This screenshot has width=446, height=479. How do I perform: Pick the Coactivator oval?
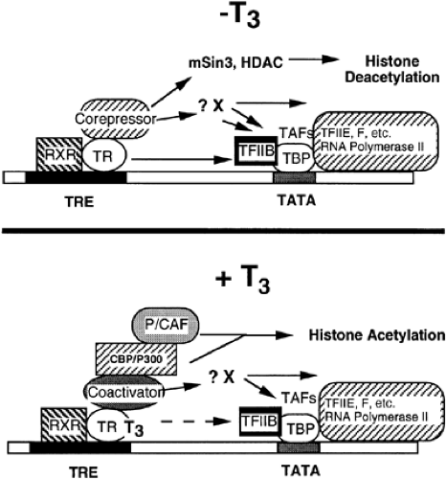click(x=126, y=390)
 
